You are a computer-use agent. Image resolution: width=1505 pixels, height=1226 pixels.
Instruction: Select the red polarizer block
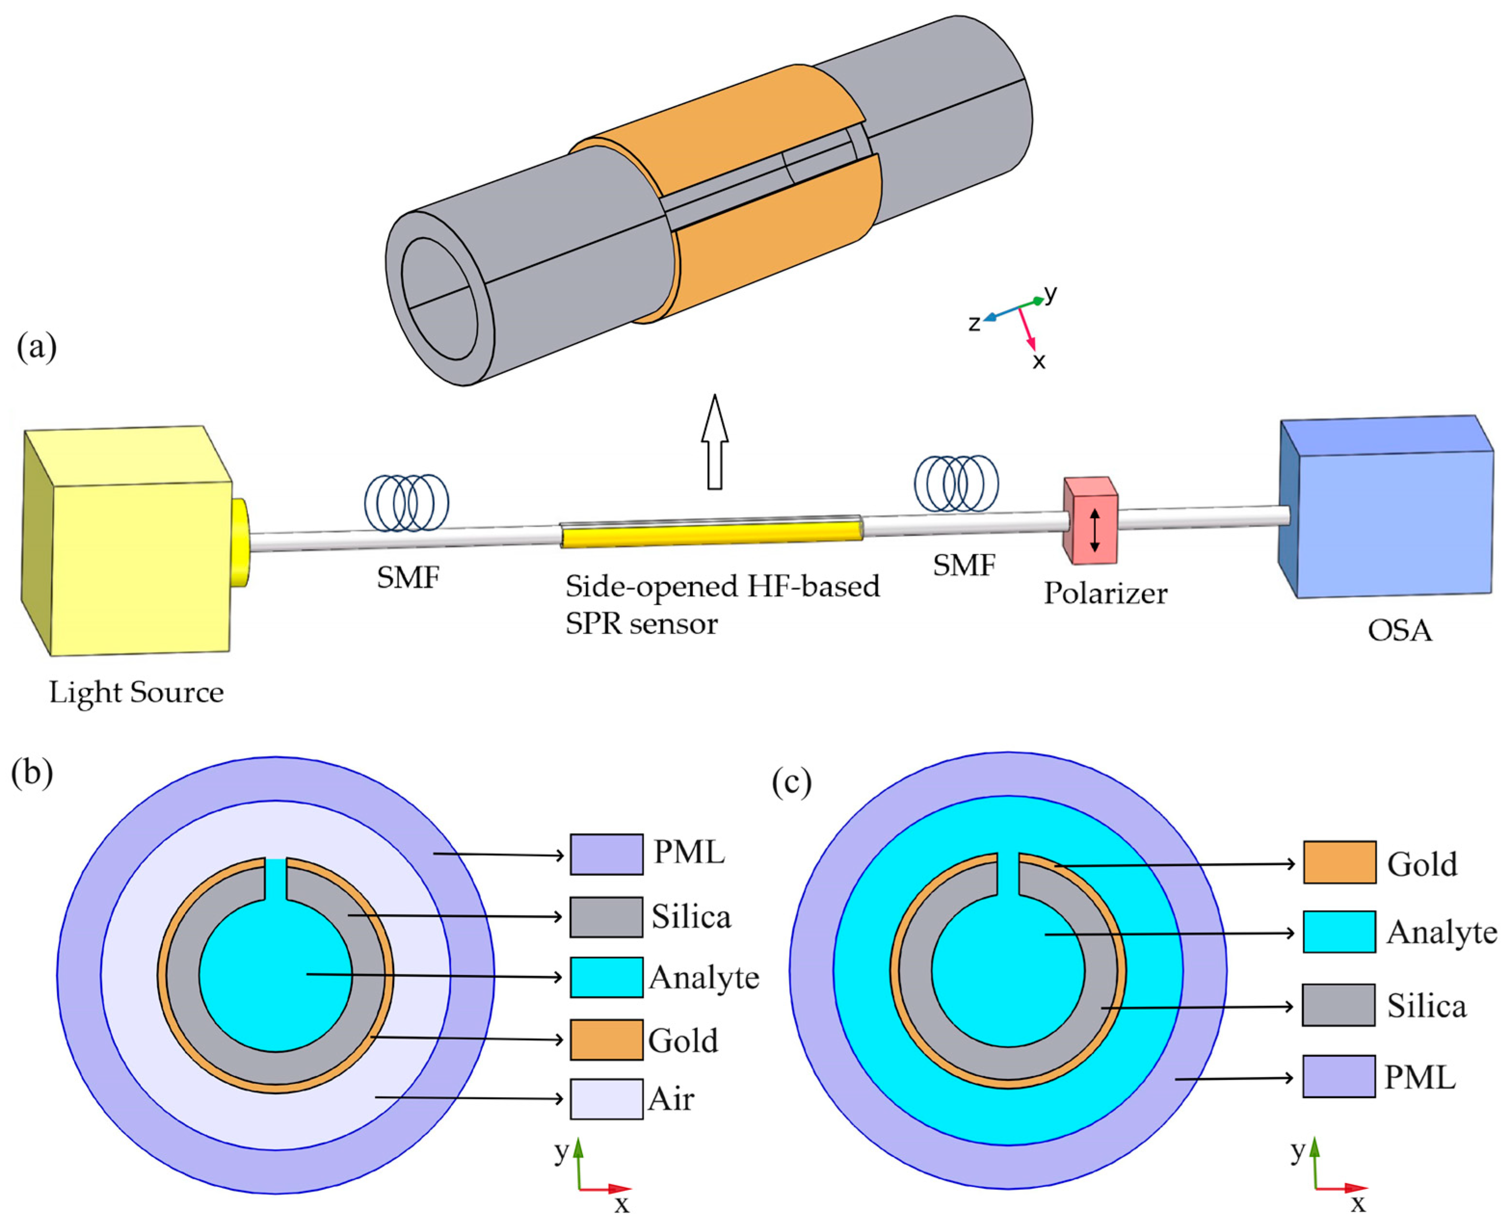[x=1091, y=521]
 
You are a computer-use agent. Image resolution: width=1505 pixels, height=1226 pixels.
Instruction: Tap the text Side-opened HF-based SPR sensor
[x=721, y=604]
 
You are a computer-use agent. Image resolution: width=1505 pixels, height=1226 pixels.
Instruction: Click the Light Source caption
[x=136, y=692]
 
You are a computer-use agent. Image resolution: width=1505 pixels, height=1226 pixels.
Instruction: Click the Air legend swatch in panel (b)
[x=606, y=1099]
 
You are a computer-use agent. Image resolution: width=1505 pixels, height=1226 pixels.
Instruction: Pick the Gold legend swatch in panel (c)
[x=1339, y=862]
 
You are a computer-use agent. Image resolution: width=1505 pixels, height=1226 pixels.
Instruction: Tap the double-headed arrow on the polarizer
[x=1095, y=530]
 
